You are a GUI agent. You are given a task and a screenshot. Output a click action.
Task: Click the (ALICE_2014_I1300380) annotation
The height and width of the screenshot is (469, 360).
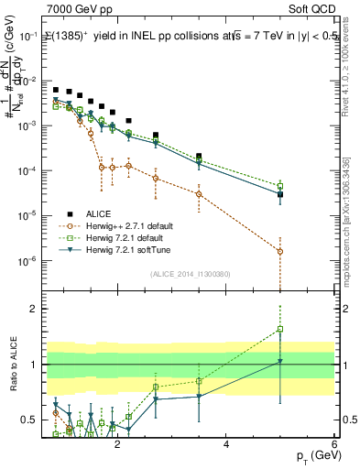coord(197,273)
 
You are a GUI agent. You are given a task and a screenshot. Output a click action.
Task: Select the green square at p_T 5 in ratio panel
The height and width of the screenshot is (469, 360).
coord(280,329)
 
